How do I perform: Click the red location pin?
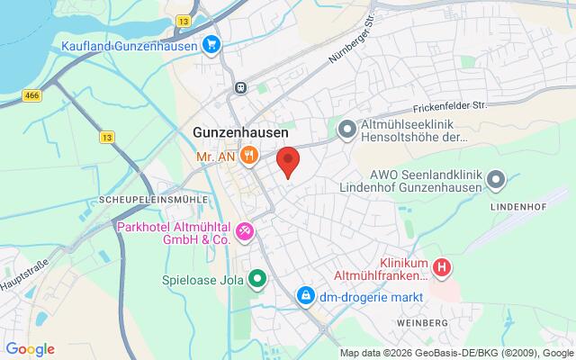(287, 160)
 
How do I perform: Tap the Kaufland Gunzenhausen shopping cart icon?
(211, 44)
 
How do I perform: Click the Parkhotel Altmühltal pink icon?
(243, 233)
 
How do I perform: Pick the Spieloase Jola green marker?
(257, 278)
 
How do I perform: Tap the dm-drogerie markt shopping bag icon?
(306, 294)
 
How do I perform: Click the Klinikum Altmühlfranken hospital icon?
(443, 267)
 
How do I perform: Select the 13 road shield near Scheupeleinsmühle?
(108, 138)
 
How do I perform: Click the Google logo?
(30, 349)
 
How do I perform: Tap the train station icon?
(240, 87)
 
